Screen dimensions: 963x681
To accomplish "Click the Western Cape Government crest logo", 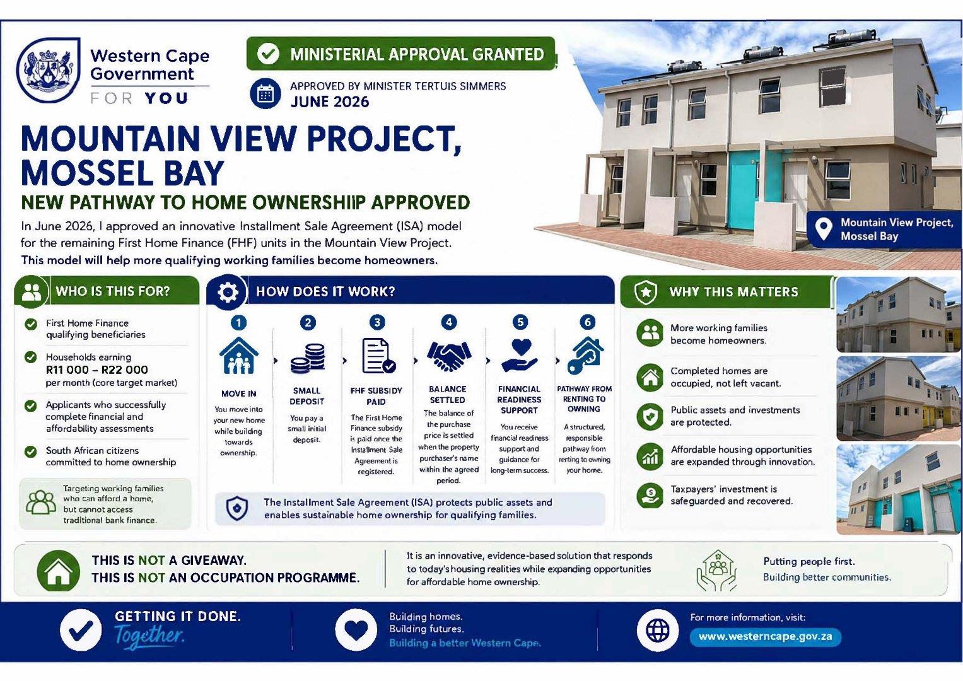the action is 48,71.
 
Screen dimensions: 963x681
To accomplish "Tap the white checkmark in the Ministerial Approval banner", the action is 268,54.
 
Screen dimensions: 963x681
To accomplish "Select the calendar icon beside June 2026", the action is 266,93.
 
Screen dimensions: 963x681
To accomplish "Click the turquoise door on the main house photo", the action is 744,190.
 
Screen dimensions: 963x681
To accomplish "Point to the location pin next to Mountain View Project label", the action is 823,229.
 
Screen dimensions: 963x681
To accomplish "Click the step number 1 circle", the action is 238,322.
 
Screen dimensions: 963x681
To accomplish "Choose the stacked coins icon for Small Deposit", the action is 307,358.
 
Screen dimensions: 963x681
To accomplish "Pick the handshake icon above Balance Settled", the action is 449,356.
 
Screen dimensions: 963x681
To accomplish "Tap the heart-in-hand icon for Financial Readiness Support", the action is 520,356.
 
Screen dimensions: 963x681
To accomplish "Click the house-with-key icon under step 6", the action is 585,356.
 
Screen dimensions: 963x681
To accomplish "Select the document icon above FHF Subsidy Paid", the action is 378,356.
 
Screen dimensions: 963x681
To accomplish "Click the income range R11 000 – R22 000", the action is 96,370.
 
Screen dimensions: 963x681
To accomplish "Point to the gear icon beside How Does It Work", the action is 228,293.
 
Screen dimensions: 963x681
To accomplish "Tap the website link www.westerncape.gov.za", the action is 765,636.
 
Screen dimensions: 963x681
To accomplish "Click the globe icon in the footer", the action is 658,631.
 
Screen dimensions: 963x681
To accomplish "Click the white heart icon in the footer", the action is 356,631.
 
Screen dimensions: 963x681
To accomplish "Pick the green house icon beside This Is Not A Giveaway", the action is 59,571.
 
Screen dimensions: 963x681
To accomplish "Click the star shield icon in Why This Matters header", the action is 646,293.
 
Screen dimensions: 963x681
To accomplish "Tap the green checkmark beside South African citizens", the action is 30,451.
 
